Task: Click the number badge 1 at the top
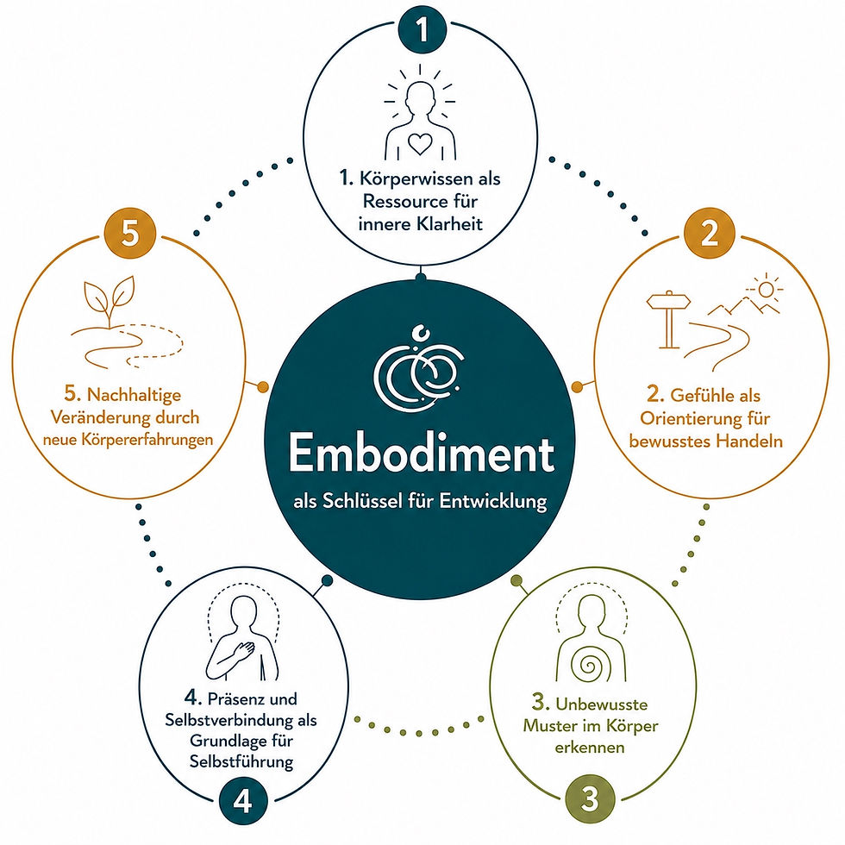(422, 29)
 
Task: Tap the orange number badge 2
(709, 235)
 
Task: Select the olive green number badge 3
(590, 798)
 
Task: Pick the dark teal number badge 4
(242, 802)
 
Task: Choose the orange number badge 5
(130, 235)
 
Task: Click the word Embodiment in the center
(422, 454)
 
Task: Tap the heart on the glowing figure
(420, 144)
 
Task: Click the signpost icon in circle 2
(668, 320)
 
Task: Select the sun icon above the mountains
(765, 289)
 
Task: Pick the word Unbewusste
(602, 704)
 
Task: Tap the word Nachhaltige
(135, 395)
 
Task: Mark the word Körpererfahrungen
(147, 440)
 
